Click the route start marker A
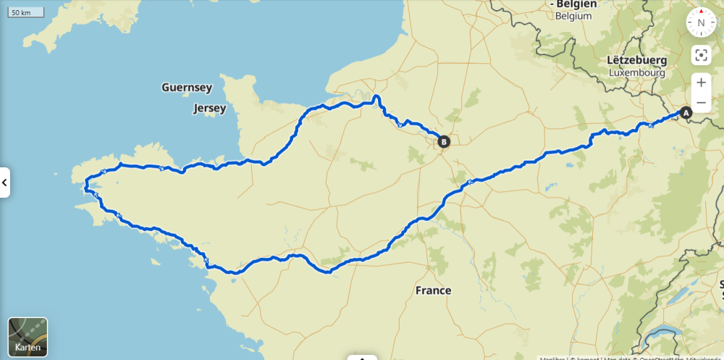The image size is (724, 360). coord(686,113)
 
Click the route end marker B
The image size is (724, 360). coord(444,142)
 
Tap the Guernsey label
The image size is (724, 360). coord(187,88)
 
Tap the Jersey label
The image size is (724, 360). coord(210,109)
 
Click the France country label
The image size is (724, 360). coord(433,290)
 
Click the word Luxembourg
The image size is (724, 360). coord(636,72)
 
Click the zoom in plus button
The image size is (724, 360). coord(701,83)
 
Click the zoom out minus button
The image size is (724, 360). coord(701,102)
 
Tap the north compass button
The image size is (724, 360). coord(700,22)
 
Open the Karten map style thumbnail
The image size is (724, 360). coord(28,337)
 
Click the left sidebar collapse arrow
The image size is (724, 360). coord(4,183)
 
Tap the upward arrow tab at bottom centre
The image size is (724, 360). coord(362,357)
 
